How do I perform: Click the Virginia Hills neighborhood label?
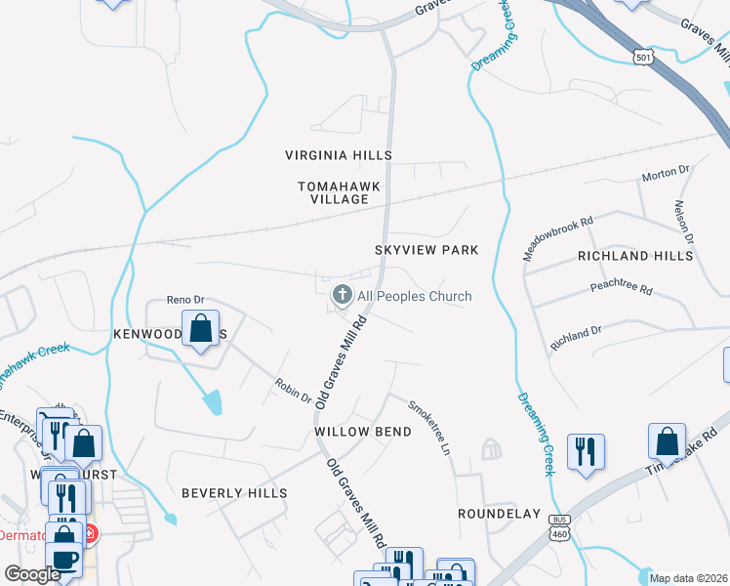tap(339, 155)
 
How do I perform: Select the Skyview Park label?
tap(426, 250)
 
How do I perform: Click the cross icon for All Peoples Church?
tap(342, 295)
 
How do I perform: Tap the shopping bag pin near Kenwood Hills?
tap(201, 330)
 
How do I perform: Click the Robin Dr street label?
tap(293, 392)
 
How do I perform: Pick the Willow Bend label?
tap(353, 431)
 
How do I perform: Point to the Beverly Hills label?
tap(234, 493)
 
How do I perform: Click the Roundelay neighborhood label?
tap(499, 513)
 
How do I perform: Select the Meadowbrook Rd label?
tap(557, 236)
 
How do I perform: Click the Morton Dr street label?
tap(665, 174)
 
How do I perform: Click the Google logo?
tap(31, 574)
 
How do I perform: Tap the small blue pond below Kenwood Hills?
tap(211, 400)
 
